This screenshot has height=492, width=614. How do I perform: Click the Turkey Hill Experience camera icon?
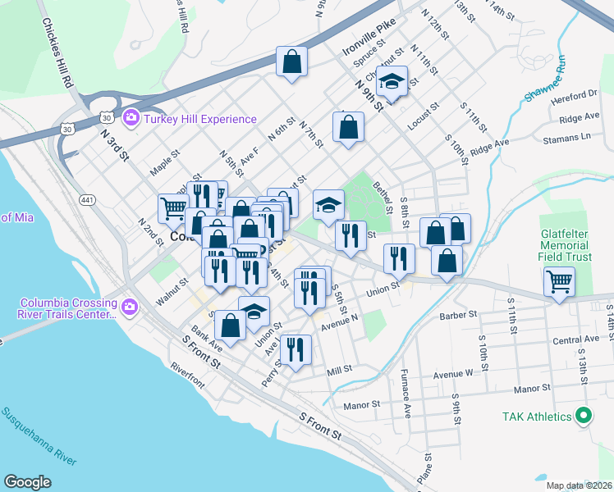click(130, 120)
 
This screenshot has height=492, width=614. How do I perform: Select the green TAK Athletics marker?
click(583, 417)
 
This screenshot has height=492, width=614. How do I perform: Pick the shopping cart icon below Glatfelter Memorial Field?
click(559, 283)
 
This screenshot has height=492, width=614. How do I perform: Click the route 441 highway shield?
click(87, 200)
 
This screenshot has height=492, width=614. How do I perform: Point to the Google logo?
click(27, 482)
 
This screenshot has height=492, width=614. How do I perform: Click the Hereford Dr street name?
click(580, 94)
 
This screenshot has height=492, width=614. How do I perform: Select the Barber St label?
click(458, 315)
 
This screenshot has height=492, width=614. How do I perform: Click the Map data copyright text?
click(580, 485)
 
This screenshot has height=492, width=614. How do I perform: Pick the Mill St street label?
click(339, 370)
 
